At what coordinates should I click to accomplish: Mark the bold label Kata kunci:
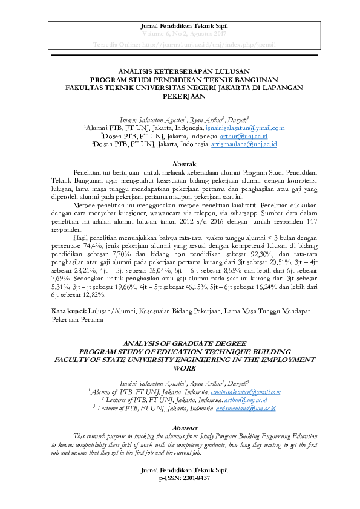click(68, 310)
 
